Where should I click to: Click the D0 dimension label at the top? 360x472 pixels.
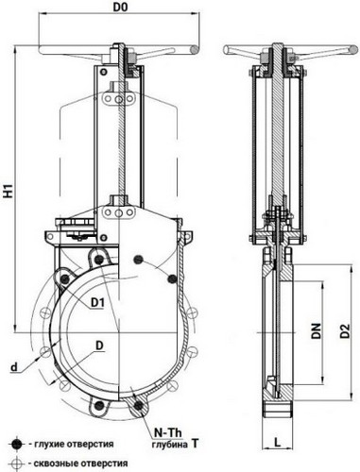pos(121,8)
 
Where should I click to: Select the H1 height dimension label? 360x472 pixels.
pos(10,191)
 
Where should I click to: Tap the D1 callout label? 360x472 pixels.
pos(97,303)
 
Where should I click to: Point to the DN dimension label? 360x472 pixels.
pos(316,330)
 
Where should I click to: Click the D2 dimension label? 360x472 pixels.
pos(345,330)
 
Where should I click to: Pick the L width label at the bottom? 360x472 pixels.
pos(277,442)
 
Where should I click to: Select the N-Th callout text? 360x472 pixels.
pos(167,433)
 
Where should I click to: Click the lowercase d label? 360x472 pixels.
pos(14,366)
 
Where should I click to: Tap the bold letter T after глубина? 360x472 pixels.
pos(196,443)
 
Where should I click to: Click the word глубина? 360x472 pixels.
pos(170,445)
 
